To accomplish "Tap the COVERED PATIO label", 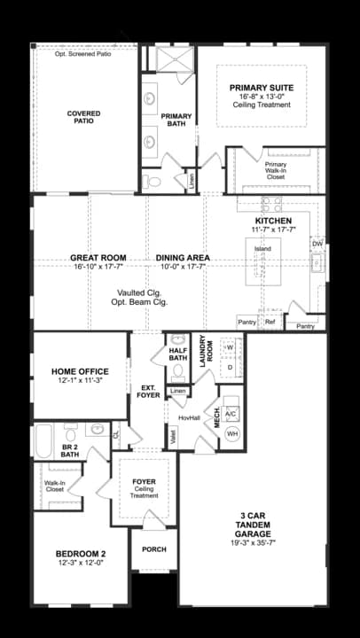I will pyautogui.click(x=83, y=119).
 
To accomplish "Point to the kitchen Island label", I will pyautogui.click(x=262, y=249).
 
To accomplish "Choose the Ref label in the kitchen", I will pyautogui.click(x=270, y=322).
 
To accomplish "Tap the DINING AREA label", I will pyautogui.click(x=181, y=258).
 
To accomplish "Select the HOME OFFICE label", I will pyautogui.click(x=80, y=371).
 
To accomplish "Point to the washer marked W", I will pyautogui.click(x=229, y=346).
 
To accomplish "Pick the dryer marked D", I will pyautogui.click(x=229, y=366).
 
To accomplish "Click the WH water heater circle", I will pyautogui.click(x=233, y=433).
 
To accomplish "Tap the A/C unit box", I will pyautogui.click(x=231, y=414).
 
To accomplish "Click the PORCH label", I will pyautogui.click(x=153, y=549).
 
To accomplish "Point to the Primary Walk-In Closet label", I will pyautogui.click(x=276, y=170).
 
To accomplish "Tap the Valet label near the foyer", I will pyautogui.click(x=172, y=434).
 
